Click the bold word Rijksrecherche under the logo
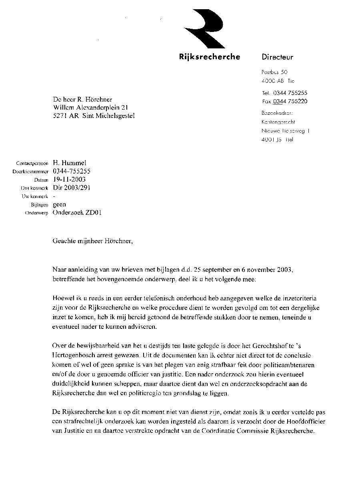(x=210, y=57)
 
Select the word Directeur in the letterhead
(x=278, y=57)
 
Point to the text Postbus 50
(x=274, y=72)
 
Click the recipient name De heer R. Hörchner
(x=82, y=100)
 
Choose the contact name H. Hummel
(x=70, y=163)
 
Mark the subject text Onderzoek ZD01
(x=77, y=213)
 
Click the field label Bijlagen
(x=40, y=205)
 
